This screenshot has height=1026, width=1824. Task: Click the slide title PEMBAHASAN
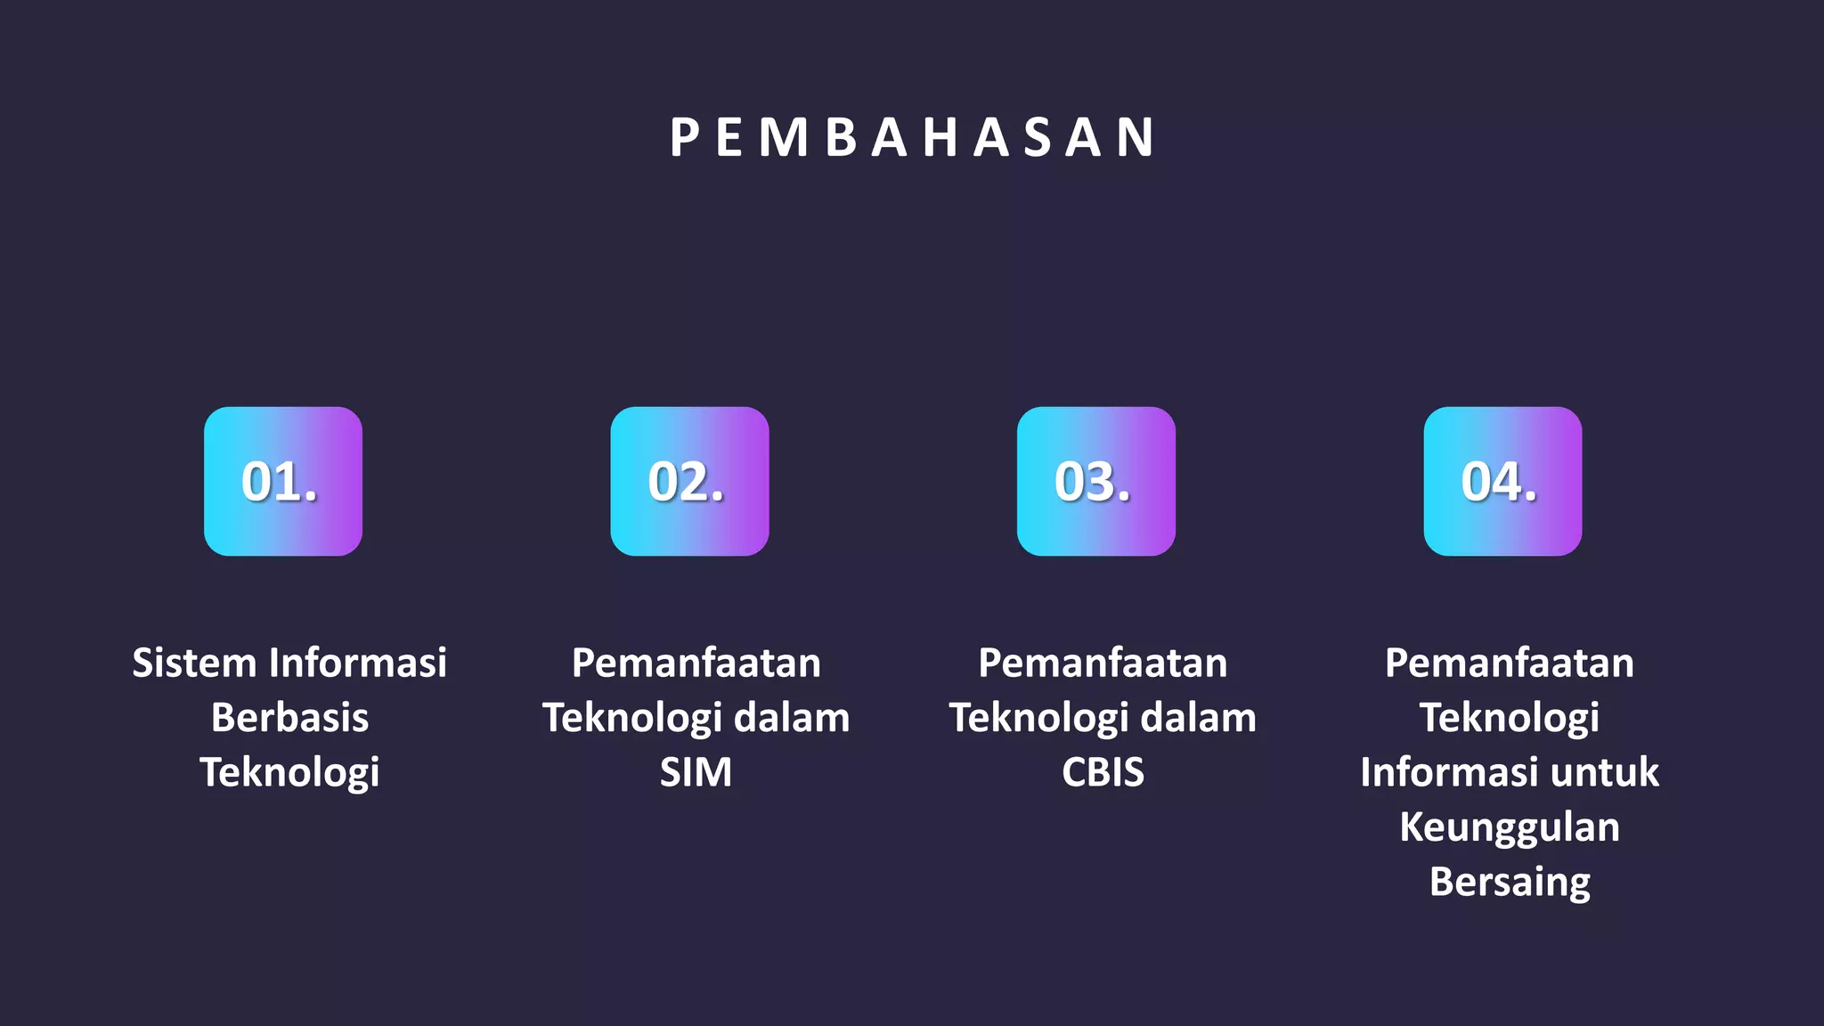pos(912,138)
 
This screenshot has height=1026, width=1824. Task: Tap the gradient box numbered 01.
pos(283,482)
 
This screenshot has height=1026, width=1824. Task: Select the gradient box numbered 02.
pos(689,482)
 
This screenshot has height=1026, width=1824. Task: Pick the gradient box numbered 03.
pos(1096,482)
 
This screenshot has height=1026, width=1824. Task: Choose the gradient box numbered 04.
pos(1502,482)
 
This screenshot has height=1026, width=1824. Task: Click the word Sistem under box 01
pos(194,664)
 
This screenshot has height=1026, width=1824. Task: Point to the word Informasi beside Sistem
pos(358,664)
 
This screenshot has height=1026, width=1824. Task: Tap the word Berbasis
pos(289,718)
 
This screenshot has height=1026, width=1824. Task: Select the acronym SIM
pos(696,772)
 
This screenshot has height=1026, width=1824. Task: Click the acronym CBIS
pos(1103,772)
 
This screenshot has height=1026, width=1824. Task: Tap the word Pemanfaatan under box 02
pos(696,664)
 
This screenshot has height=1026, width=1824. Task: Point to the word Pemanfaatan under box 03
pos(1103,664)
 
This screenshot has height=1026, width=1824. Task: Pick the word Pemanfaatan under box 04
pos(1510,664)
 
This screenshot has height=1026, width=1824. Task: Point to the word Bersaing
pos(1510,883)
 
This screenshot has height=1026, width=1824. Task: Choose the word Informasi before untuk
pos(1449,772)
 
